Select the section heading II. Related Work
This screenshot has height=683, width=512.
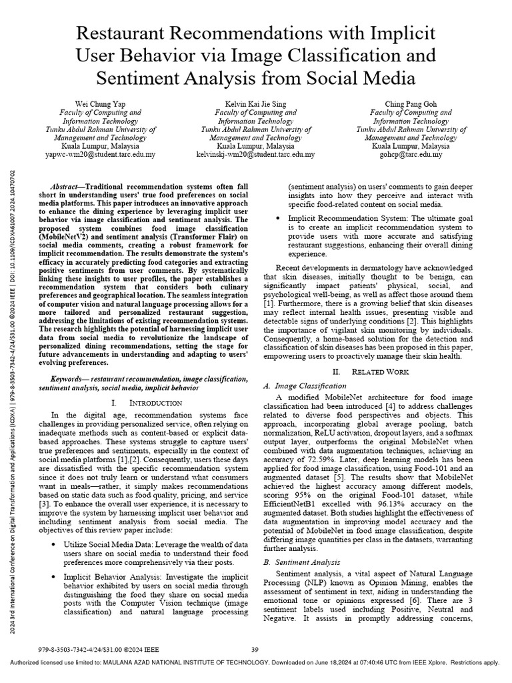(x=380, y=371)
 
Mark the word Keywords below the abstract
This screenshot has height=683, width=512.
(x=68, y=379)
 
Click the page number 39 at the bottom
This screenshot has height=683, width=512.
(x=254, y=649)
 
